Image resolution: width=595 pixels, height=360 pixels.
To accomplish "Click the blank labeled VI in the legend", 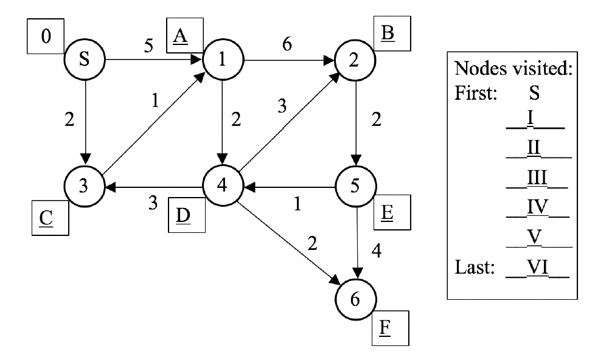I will pos(537,268).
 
